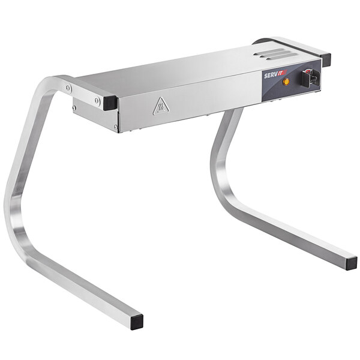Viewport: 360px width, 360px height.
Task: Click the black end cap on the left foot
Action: (137, 321)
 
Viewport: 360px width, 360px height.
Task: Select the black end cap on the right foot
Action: (351, 263)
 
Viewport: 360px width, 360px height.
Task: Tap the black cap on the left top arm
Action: (110, 102)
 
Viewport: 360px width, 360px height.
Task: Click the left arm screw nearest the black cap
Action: (97, 101)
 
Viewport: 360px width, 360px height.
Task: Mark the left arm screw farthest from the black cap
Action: (68, 88)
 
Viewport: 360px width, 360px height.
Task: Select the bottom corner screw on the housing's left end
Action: (116, 127)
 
